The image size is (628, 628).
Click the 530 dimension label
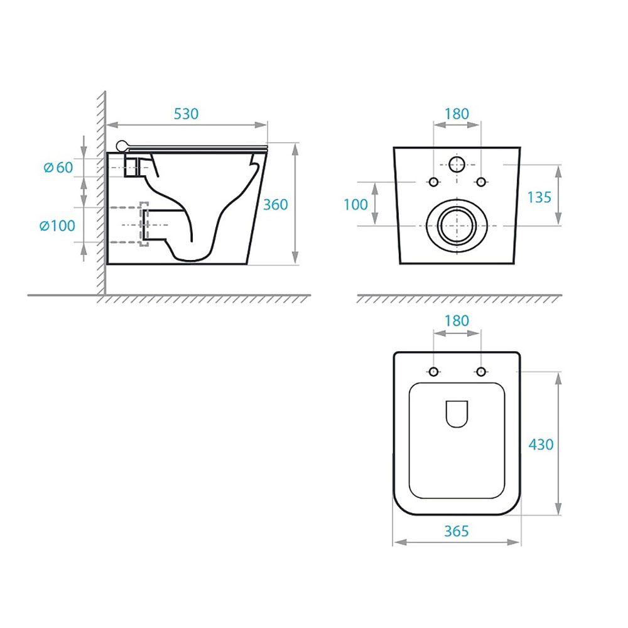pyautogui.click(x=186, y=114)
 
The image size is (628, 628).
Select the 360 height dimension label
pyautogui.click(x=275, y=205)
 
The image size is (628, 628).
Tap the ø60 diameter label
pyautogui.click(x=58, y=168)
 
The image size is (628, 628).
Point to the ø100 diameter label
pyautogui.click(x=57, y=226)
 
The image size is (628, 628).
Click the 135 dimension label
pyautogui.click(x=539, y=197)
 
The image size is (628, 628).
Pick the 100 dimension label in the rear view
pyautogui.click(x=355, y=205)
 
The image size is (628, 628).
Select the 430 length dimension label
pyautogui.click(x=541, y=445)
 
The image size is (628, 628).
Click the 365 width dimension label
pyautogui.click(x=456, y=531)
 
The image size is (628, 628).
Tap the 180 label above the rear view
pyautogui.click(x=457, y=114)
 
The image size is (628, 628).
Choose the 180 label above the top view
pyautogui.click(x=457, y=321)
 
